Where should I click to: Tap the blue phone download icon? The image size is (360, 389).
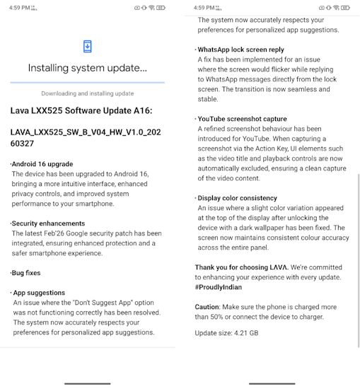(x=88, y=47)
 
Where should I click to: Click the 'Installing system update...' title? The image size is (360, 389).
(x=88, y=69)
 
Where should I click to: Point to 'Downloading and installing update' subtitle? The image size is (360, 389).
(x=88, y=93)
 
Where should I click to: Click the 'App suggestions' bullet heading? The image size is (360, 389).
(x=40, y=292)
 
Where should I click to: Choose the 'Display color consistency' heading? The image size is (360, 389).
(x=238, y=198)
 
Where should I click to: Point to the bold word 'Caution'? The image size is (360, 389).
(x=207, y=307)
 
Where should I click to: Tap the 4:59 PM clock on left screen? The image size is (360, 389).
(x=18, y=8)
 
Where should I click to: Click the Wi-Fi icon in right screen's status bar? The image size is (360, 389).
(x=335, y=8)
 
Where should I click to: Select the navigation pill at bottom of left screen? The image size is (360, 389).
(x=88, y=383)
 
